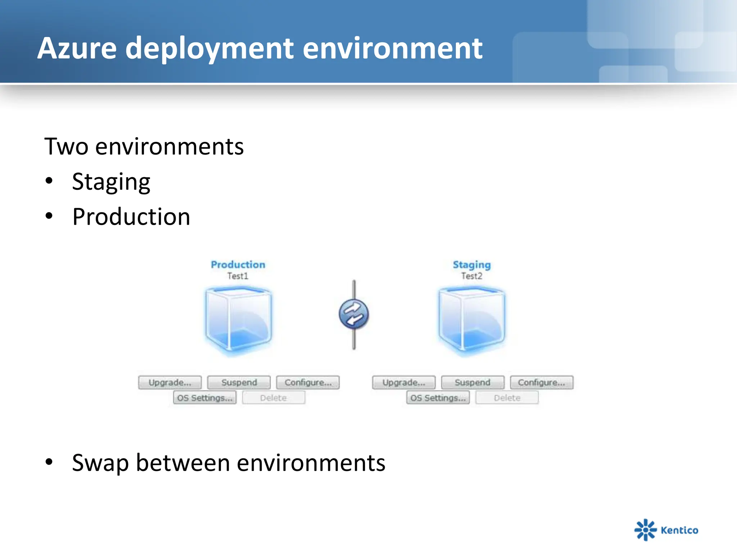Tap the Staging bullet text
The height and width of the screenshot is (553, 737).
coord(111,182)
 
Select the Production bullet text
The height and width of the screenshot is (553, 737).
coord(131,217)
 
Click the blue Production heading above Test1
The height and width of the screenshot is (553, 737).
coord(238,265)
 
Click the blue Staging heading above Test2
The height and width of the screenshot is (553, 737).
coord(471,265)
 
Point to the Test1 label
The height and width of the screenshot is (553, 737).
coord(238,276)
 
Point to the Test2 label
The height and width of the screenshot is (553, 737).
coord(471,276)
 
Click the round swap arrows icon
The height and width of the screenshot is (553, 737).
coord(354,314)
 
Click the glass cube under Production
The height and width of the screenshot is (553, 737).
coord(238,319)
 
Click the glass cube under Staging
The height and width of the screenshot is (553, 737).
coord(471,319)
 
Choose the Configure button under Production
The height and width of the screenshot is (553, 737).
coord(308,382)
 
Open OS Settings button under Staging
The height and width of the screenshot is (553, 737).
coord(438,398)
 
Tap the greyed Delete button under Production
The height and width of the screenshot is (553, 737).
coord(273,398)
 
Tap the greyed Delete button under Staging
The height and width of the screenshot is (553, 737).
coord(507,398)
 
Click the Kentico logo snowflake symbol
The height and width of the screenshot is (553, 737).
coord(645,530)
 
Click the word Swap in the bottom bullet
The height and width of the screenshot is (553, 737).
coord(100,463)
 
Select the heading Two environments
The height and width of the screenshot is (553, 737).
coord(144,147)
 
